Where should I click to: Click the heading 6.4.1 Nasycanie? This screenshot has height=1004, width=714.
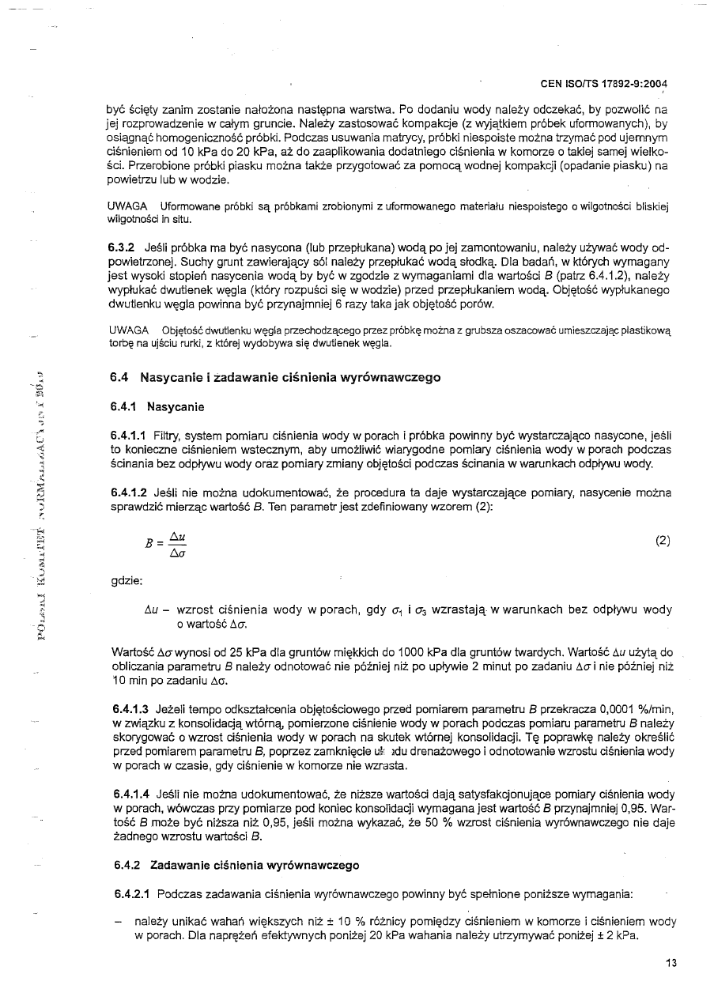click(x=157, y=407)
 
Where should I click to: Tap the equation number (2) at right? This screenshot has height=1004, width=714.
click(x=663, y=541)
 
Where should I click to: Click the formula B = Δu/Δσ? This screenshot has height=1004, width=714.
click(x=168, y=543)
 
